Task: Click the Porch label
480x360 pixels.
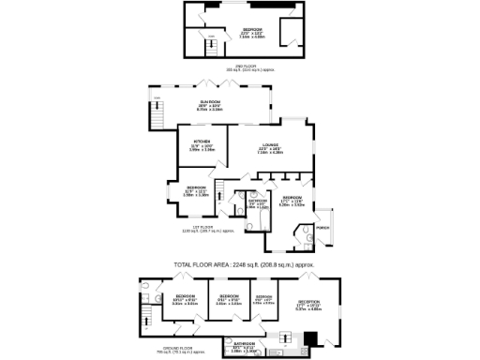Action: tap(323, 228)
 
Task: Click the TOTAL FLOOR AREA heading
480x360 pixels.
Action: tap(243, 265)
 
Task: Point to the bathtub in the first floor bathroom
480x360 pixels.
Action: tap(239, 212)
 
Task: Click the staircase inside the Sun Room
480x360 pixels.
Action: tap(156, 115)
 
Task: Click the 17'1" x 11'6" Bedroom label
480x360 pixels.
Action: tap(292, 200)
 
